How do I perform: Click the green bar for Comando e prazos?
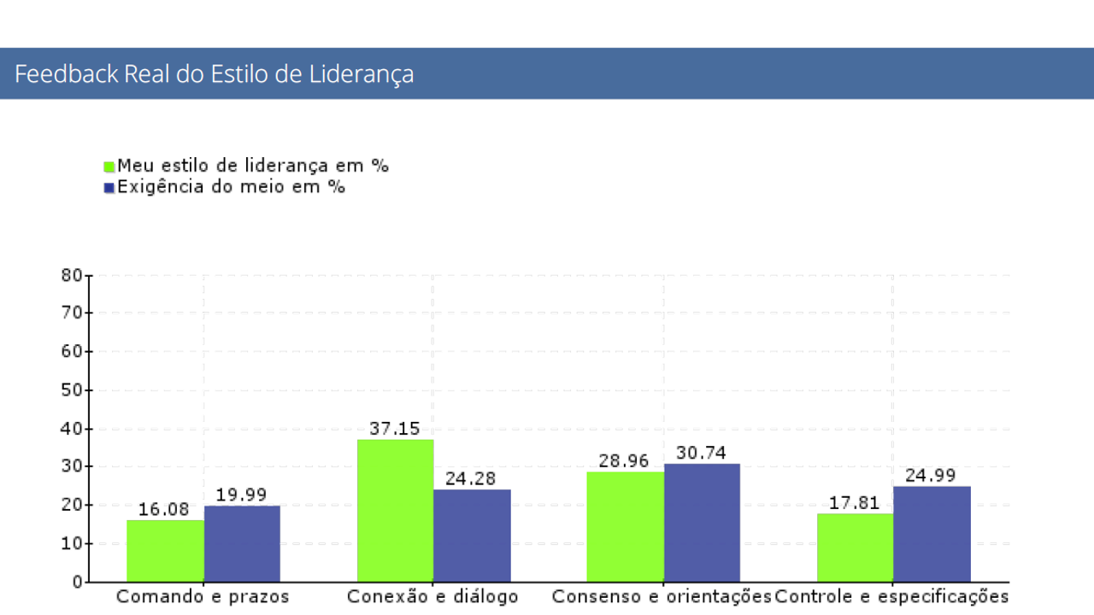(165, 551)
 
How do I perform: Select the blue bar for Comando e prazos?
(242, 544)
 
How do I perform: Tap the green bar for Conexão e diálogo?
(395, 511)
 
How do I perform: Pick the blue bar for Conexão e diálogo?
(472, 536)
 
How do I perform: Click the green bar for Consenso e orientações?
(625, 526)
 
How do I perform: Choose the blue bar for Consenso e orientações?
(702, 523)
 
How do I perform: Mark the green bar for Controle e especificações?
(855, 548)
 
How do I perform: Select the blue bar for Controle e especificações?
(932, 534)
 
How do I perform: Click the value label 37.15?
(395, 429)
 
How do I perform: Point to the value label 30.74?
(701, 453)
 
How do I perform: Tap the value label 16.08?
(163, 509)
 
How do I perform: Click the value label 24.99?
(930, 476)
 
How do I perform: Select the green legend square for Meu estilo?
(109, 167)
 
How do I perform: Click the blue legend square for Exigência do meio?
(109, 188)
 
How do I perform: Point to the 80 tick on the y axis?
(72, 275)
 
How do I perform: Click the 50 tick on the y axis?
(72, 390)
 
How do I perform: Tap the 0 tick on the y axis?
(77, 583)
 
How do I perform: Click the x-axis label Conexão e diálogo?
(432, 597)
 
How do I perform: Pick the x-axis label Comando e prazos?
(203, 597)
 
